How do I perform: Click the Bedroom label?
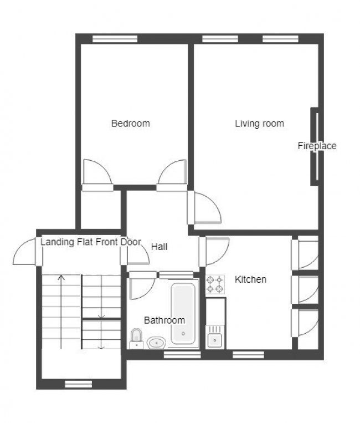tap(131, 123)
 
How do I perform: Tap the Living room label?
tap(259, 123)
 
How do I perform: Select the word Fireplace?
tap(317, 146)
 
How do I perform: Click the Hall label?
tap(159, 247)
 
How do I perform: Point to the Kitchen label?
tap(250, 279)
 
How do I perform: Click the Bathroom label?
tap(164, 320)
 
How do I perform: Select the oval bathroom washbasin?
tap(157, 343)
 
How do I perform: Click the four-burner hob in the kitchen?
tap(215, 284)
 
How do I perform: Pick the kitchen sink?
tap(214, 339)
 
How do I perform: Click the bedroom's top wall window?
tap(115, 38)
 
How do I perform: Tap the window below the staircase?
tap(78, 383)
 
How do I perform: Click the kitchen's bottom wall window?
tap(248, 354)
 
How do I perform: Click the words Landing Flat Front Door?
tap(91, 242)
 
